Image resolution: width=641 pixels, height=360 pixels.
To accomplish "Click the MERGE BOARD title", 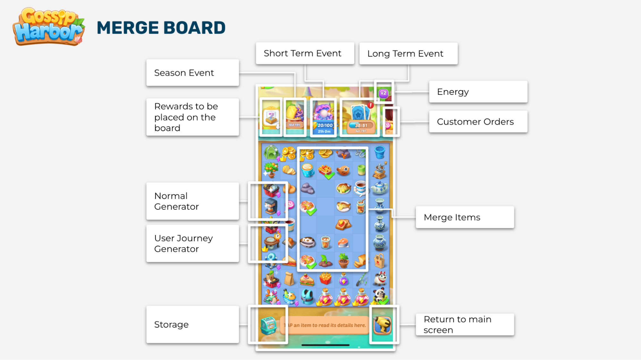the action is [161, 28].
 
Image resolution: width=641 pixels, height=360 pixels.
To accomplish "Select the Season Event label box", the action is [192, 73].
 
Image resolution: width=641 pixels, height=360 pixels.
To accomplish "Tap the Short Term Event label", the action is [305, 53].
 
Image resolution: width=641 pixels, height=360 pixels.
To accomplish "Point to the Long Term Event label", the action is [408, 54].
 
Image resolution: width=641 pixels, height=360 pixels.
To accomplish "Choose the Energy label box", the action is [478, 92].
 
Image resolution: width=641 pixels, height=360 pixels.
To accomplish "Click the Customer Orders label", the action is [478, 122].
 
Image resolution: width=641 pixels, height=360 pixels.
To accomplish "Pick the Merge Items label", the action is [465, 217].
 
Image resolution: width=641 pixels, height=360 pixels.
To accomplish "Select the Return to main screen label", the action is [465, 324].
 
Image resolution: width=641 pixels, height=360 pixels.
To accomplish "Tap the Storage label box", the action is [192, 324].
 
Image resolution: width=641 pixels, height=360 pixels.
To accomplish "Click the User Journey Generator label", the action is [192, 244].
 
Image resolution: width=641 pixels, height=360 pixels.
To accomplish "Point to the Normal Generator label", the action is [192, 201].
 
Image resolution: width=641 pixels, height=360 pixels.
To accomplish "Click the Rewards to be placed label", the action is [192, 117].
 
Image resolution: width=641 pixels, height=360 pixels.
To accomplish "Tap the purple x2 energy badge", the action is [384, 93].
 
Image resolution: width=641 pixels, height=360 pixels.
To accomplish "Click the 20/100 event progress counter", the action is [325, 125].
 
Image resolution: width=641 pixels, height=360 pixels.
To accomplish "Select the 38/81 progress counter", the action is [361, 125].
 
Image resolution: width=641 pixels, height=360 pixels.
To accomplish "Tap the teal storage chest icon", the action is [269, 325].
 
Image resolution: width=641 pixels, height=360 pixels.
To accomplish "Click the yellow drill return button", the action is [383, 325].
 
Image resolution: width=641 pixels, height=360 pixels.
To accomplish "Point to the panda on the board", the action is [380, 296].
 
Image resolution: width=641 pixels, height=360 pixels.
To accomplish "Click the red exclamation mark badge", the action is [370, 105].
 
